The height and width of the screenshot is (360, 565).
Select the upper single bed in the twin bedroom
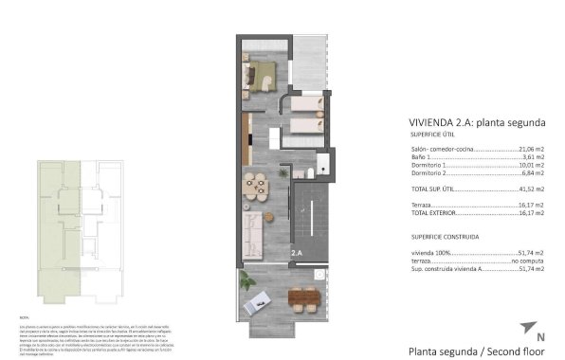coord(307,104)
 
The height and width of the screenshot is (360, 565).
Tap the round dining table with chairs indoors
coord(254,185)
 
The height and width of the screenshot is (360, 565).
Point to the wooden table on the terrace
coord(302,300)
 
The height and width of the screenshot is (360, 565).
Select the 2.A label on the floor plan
coord(296,253)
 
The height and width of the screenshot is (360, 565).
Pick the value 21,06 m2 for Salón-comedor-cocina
coord(531,149)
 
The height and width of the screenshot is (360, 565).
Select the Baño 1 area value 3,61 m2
coord(534,158)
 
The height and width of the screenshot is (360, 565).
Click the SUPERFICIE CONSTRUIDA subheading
coord(445,235)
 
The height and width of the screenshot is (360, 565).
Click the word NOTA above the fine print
coord(24,316)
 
